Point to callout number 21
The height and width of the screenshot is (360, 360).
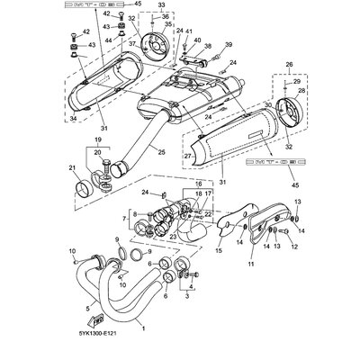[72, 168]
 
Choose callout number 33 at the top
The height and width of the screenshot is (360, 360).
[162, 5]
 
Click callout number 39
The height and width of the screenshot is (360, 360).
[228, 44]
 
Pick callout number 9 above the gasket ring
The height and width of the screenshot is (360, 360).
[115, 238]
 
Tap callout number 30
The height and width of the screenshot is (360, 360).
[268, 106]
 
